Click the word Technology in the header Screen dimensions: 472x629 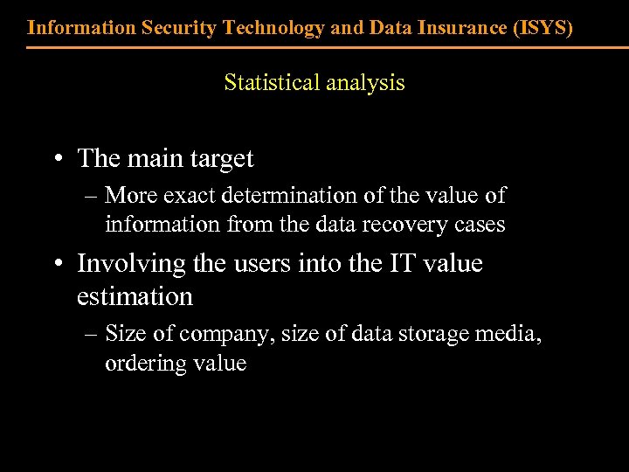click(274, 27)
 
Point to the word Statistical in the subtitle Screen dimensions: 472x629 click(272, 83)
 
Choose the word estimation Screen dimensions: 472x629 click(135, 297)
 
